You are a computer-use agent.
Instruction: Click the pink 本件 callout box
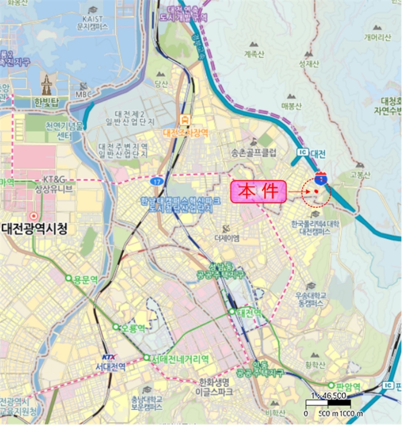[x=258, y=192]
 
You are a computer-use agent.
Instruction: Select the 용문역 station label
[x=85, y=279]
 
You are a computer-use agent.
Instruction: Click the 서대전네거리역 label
[x=180, y=359]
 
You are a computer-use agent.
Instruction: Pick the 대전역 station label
[x=249, y=313]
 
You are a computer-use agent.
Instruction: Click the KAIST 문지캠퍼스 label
[x=92, y=22]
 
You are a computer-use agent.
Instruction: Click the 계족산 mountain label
[x=254, y=54]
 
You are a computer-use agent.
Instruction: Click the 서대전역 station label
[x=110, y=367]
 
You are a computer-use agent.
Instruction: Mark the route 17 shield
[x=157, y=181]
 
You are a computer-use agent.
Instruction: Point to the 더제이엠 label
[x=226, y=237]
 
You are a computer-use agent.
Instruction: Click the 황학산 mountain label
[x=315, y=364]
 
